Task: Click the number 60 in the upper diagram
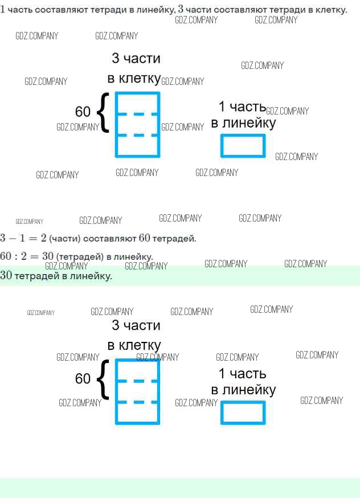[83, 112]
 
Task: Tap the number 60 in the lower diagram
[83, 378]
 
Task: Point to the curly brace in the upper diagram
[103, 113]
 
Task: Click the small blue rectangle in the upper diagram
[243, 145]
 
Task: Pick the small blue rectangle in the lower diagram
[243, 413]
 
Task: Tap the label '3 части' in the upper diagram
[136, 59]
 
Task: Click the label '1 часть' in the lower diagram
[242, 374]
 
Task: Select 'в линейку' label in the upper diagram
[243, 123]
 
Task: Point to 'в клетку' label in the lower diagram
[134, 345]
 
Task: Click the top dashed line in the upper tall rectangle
[137, 114]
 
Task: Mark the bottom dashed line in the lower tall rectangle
[137, 402]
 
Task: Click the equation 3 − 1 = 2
[23, 238]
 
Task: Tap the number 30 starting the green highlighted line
[6, 276]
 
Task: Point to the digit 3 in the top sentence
[181, 9]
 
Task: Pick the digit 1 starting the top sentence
[3, 10]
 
